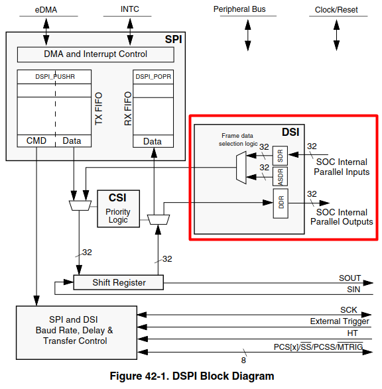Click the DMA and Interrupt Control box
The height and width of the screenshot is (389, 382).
[95, 54]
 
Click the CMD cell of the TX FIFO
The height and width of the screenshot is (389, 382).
[36, 140]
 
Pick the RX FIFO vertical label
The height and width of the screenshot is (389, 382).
[127, 108]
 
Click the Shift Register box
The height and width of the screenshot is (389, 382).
[118, 282]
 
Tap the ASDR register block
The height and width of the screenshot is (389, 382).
[279, 176]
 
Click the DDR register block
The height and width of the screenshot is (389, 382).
[279, 203]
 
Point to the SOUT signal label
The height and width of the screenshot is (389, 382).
[350, 278]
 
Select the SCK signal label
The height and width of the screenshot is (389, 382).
[349, 309]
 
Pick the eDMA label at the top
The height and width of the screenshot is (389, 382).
[46, 10]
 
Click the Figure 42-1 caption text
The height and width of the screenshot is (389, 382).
[191, 376]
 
